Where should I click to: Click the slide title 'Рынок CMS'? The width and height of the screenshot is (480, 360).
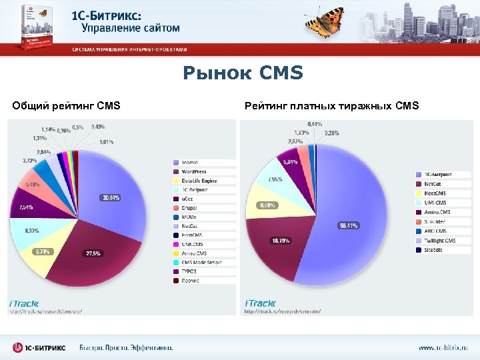tap(243, 72)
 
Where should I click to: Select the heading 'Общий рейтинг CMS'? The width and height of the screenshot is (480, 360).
tap(67, 105)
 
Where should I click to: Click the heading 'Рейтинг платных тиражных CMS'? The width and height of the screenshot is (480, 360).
tap(332, 105)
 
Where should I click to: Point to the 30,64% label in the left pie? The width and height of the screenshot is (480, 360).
tap(111, 197)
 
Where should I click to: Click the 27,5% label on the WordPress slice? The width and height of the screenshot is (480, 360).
tap(93, 253)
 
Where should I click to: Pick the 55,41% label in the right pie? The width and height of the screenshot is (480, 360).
tap(348, 225)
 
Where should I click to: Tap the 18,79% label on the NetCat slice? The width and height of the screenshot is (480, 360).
tap(279, 240)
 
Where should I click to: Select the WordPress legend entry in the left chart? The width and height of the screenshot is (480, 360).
tap(195, 172)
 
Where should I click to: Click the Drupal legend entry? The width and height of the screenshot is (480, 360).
tap(189, 208)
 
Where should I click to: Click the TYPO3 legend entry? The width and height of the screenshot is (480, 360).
tap(190, 271)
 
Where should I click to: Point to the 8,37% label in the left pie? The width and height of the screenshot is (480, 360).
tap(31, 230)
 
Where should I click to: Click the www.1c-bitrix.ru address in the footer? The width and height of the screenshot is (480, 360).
tap(443, 347)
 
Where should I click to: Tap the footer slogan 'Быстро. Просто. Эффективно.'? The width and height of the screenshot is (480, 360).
tap(126, 347)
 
